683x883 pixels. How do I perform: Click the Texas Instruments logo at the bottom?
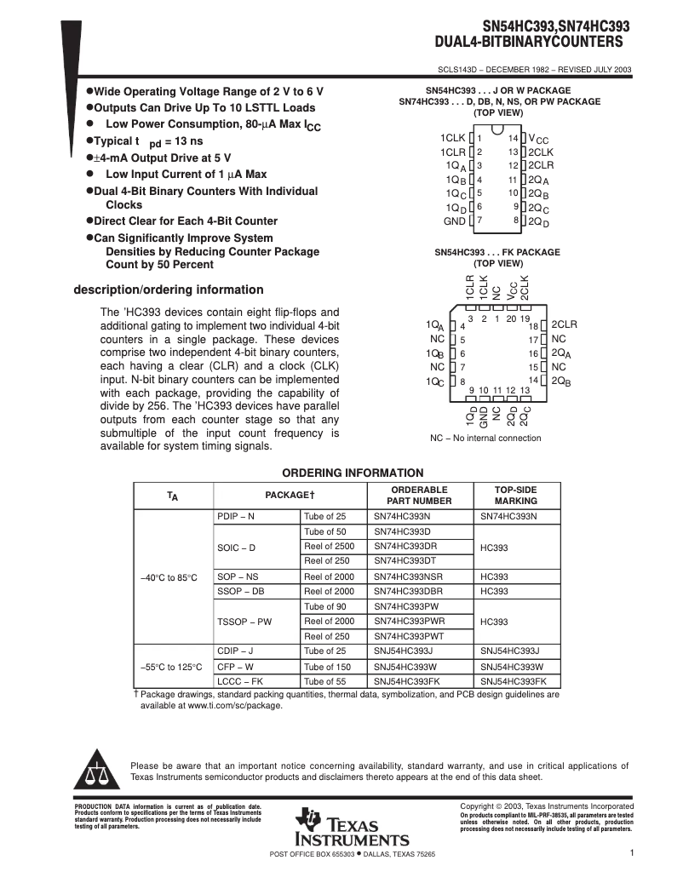[352, 827]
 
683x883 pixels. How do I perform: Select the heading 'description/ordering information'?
[169, 290]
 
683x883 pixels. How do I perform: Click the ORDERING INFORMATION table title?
[353, 473]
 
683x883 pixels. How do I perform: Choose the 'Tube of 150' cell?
[327, 667]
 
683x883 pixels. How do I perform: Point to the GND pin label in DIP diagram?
[454, 221]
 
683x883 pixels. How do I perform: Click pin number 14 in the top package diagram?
[514, 138]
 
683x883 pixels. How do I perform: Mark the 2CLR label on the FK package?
[564, 324]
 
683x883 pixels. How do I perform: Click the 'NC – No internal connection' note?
[485, 439]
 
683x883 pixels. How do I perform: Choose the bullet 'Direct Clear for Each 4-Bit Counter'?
[186, 221]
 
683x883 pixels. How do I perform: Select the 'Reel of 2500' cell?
[329, 546]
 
